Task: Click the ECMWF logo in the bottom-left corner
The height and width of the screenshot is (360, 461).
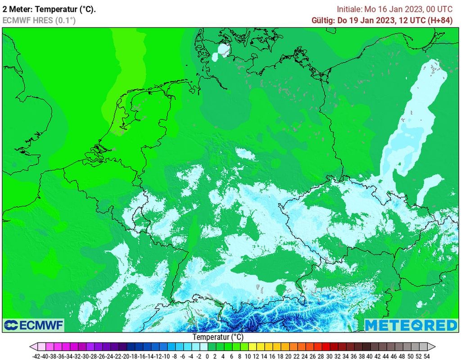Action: [x=34, y=325]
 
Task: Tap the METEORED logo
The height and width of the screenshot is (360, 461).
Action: [x=411, y=325]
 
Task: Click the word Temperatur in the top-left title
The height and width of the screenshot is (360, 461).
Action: [x=54, y=9]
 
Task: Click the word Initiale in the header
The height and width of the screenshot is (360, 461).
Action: [x=349, y=9]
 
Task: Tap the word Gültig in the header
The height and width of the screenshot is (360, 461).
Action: [x=322, y=20]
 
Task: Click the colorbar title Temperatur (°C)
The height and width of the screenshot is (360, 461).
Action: [x=218, y=337]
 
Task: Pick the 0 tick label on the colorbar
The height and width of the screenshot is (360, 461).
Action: [x=207, y=356]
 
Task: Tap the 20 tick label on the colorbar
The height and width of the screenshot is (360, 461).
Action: [x=286, y=356]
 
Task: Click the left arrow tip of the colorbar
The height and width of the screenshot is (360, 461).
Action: [x=31, y=346]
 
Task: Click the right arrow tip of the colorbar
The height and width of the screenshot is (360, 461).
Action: [x=435, y=346]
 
